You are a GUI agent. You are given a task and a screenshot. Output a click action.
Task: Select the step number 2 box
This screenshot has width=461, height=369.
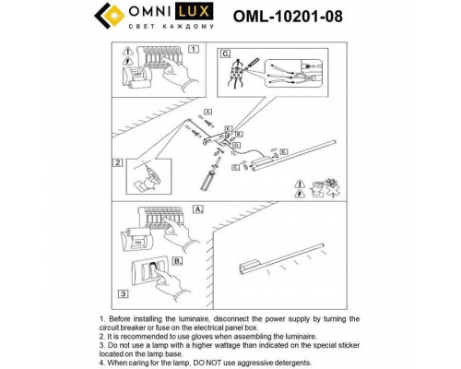tap(118, 162)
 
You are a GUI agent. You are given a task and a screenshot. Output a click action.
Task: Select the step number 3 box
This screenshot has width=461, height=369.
tap(118, 293)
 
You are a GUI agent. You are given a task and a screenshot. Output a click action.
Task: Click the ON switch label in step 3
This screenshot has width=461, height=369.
tap(138, 244)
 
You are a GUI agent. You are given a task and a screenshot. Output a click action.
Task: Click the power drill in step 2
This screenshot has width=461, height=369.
tap(148, 175)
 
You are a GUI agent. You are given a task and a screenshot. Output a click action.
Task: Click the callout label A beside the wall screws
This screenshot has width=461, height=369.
tap(208, 112)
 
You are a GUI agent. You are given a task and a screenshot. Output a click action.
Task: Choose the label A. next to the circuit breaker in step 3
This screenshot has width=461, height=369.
tap(197, 210)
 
